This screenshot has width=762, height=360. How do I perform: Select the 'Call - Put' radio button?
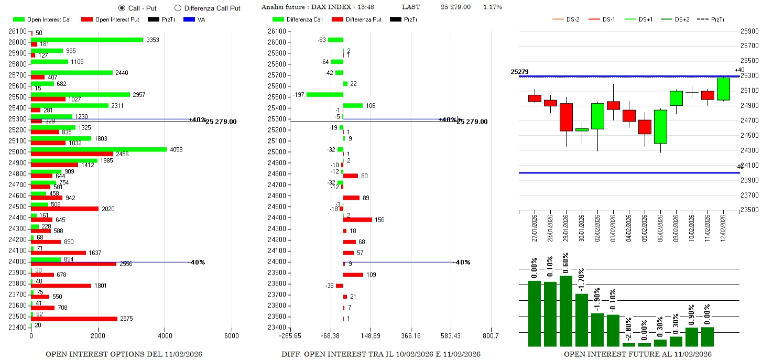pos(122,8)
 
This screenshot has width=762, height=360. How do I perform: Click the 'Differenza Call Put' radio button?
pos(178,8)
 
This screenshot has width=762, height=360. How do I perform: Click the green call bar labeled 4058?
pos(99,149)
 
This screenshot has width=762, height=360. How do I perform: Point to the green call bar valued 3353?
pos(87,40)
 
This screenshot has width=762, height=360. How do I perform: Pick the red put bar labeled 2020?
pos(64,209)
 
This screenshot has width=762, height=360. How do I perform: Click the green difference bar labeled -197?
pos(325,94)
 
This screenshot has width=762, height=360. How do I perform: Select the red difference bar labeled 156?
pos(357,220)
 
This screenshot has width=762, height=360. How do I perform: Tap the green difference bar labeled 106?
pos(353,105)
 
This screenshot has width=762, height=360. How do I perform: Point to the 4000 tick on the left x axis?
pos(165,335)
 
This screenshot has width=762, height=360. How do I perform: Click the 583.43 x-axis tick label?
pos(451,335)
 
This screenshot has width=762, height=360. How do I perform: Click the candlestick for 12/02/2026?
pos(723,89)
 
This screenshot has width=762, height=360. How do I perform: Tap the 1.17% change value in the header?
pos(492,7)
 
